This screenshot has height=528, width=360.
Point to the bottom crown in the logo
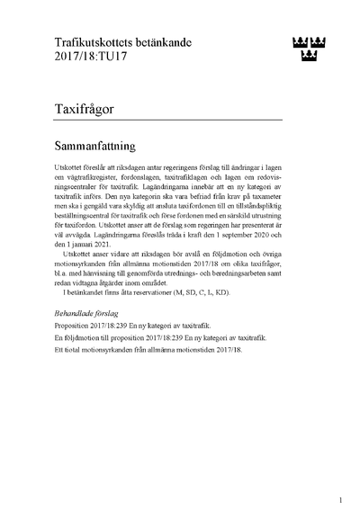coord(308,58)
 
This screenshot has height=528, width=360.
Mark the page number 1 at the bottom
coord(340,500)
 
